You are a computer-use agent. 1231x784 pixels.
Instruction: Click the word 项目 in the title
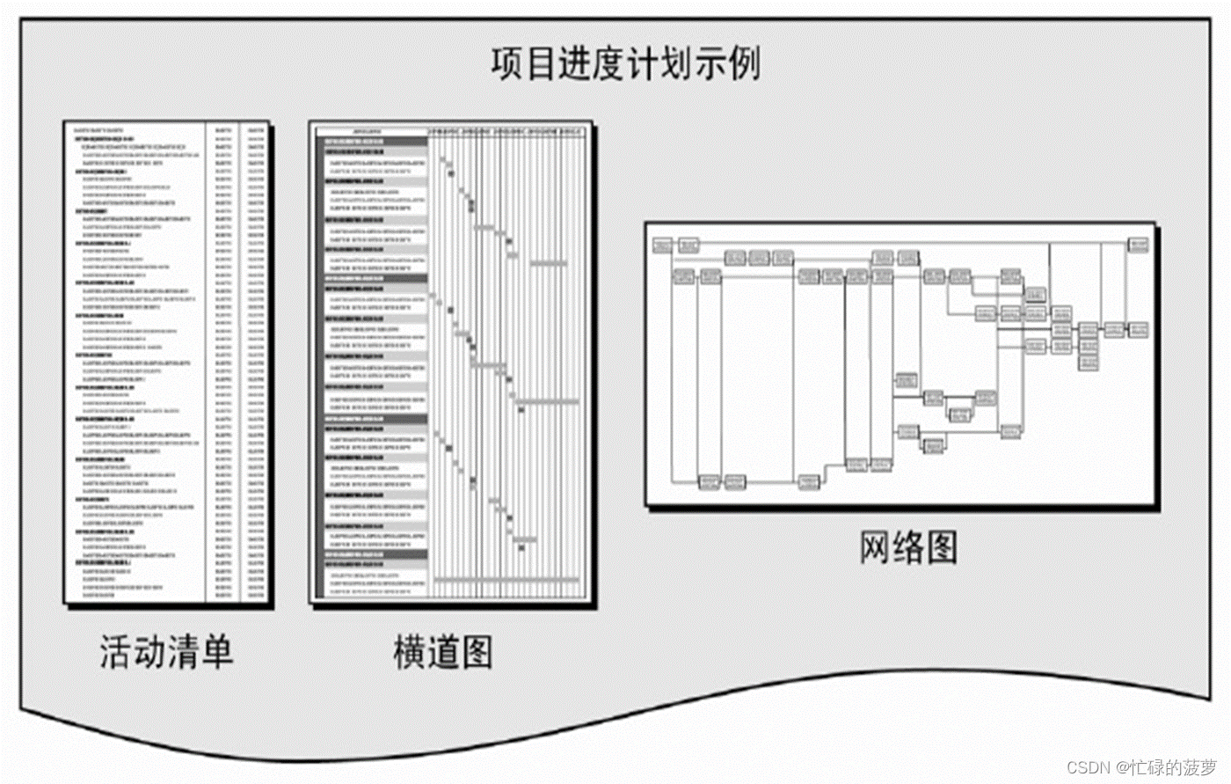[x=524, y=64]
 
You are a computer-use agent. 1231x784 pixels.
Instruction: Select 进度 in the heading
[x=591, y=64]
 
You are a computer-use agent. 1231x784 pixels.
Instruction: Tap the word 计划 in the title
[x=659, y=64]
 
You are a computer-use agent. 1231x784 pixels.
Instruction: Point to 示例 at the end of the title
[x=727, y=64]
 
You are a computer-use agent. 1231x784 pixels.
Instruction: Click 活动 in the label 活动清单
[x=132, y=652]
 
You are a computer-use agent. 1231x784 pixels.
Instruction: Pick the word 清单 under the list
[x=200, y=652]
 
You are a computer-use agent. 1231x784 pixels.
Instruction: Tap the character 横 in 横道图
[x=410, y=652]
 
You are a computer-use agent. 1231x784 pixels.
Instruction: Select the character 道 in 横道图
[x=443, y=652]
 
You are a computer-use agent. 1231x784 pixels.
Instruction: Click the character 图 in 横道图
[x=476, y=652]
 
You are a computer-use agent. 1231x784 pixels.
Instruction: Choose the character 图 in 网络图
[x=941, y=547]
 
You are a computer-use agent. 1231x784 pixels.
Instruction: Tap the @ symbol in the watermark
[x=1123, y=767]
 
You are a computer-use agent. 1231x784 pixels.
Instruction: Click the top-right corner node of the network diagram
[x=1139, y=244]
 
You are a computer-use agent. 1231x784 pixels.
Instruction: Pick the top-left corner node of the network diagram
[x=662, y=244]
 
